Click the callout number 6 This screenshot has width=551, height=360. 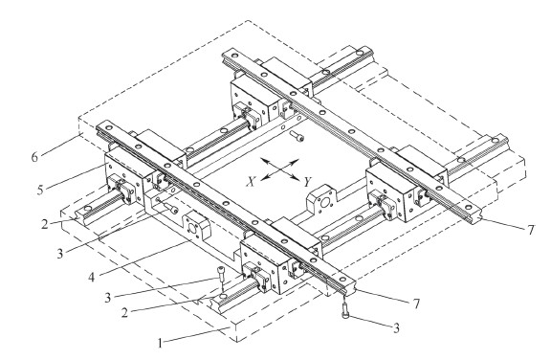coord(34,157)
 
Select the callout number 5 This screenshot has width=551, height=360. coord(41,190)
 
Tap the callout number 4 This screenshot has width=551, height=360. coord(92,278)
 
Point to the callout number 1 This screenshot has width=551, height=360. coord(161,343)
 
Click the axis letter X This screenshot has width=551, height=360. coord(251,181)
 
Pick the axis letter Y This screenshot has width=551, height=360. coord(307,182)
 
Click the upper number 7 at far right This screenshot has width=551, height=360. coord(531,230)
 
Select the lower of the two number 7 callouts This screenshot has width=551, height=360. coord(416,304)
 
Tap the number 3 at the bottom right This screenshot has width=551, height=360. coord(396,328)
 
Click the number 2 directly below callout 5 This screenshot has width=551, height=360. coord(45,224)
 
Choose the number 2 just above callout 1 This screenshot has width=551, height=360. coord(124,312)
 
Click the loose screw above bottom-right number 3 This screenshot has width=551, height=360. coord(345,312)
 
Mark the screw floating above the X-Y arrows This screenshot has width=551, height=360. coord(297,136)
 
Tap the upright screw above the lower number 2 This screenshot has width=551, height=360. coord(221,273)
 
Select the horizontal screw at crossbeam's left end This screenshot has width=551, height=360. coord(170,208)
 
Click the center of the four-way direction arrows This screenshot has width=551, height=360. coord(280,169)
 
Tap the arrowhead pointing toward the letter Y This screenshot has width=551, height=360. coord(295,177)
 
